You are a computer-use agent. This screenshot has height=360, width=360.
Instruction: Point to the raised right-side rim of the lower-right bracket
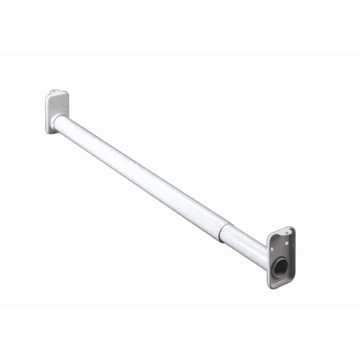click(292, 256)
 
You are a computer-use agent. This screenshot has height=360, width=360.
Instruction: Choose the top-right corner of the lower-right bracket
click(292, 229)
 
